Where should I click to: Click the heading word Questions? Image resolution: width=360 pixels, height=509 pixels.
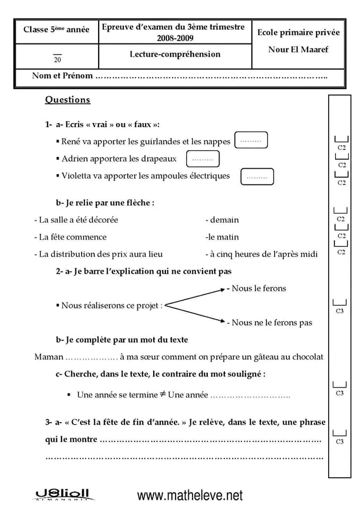click(67, 100)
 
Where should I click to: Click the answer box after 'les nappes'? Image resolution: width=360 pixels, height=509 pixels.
click(251, 141)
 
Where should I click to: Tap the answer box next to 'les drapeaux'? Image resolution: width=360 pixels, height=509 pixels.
click(203, 159)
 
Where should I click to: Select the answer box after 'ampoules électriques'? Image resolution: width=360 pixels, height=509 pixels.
click(257, 177)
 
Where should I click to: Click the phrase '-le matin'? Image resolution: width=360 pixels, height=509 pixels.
click(222, 237)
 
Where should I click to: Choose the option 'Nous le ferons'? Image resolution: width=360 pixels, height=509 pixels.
click(258, 288)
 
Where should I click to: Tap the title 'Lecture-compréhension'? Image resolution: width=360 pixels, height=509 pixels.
click(175, 54)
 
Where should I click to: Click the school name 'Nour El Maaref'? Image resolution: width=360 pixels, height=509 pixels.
click(298, 50)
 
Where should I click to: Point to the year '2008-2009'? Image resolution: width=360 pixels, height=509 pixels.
click(175, 38)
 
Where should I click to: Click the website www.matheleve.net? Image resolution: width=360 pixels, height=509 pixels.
click(190, 495)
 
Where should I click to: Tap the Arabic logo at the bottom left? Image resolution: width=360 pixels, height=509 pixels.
click(62, 495)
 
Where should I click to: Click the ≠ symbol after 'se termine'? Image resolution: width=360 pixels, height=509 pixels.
click(163, 394)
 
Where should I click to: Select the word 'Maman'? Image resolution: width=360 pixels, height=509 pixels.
click(49, 357)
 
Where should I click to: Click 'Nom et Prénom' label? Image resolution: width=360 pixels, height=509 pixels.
click(62, 76)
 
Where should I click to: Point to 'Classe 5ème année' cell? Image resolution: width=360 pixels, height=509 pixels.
click(56, 30)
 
